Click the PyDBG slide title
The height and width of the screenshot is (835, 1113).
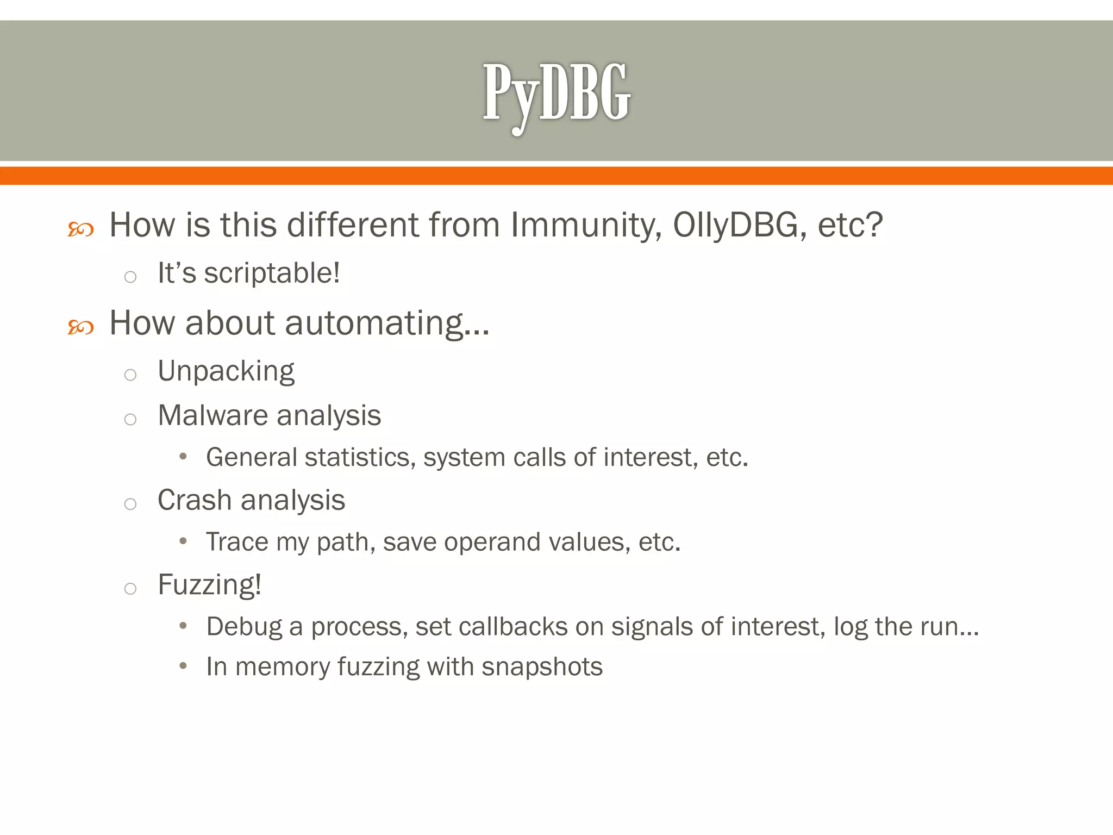tap(556, 94)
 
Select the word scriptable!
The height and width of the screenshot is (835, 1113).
tap(272, 273)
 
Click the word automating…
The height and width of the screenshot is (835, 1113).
tap(387, 323)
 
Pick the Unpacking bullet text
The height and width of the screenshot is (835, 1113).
tap(226, 372)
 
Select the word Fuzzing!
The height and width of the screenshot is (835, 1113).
tap(210, 585)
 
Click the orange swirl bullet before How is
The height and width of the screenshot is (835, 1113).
tap(80, 229)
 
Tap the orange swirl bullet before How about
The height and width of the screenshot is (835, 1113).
tap(80, 327)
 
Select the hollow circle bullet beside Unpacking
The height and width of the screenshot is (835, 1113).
tap(130, 375)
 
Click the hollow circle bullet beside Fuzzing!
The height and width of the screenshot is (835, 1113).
tap(130, 588)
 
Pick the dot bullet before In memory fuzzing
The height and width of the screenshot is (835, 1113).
tap(183, 665)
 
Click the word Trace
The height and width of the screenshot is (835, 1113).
tap(237, 542)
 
